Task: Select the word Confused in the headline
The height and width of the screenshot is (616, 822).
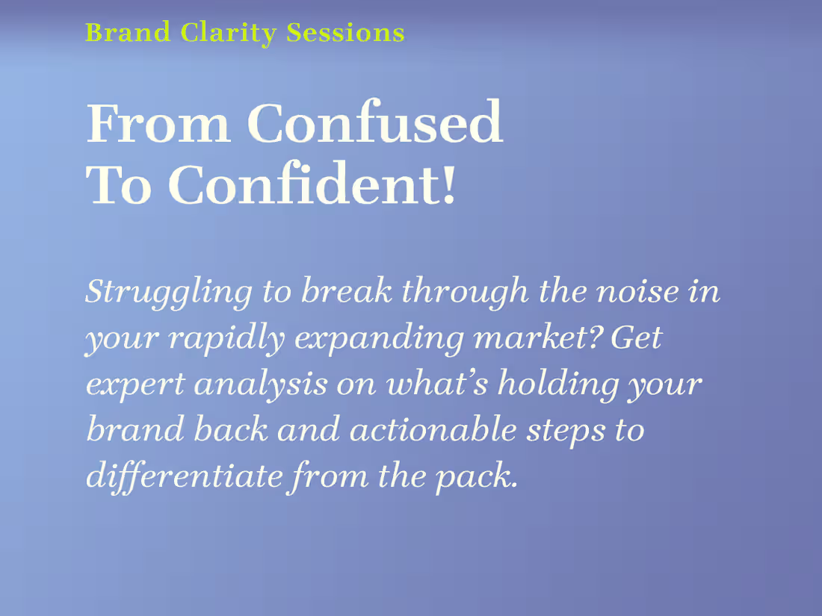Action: (374, 123)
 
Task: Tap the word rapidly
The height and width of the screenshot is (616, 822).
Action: (226, 338)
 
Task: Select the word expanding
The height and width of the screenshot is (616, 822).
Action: (380, 338)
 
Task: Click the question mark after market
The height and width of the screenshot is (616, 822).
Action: (598, 337)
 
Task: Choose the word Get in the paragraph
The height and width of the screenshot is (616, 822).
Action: (636, 337)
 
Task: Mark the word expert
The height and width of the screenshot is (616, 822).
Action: (135, 385)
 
